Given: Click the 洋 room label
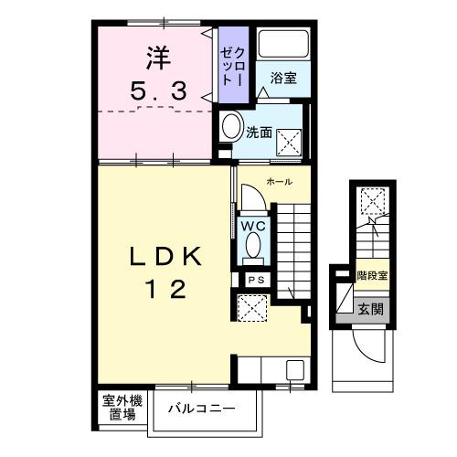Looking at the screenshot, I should pos(154,59).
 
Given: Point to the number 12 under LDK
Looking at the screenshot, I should pos(165,291).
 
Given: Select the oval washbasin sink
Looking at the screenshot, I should pos(229,127).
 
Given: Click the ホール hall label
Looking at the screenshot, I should pos(280,184).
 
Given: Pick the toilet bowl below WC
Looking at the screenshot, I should pos(251,248).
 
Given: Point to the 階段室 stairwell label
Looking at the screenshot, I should pos(370,273).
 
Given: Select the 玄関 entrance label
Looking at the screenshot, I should pos(370,308).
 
